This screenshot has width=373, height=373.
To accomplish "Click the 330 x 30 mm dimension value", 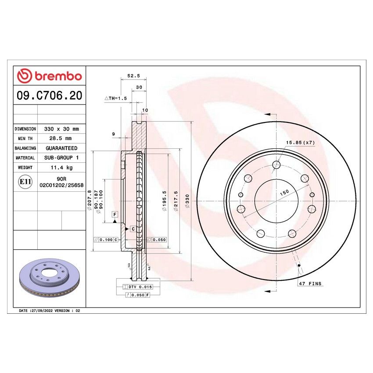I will tap(61, 129).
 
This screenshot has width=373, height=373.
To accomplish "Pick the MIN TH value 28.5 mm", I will tap(61, 139).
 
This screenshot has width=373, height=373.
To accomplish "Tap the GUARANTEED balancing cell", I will tap(61, 148).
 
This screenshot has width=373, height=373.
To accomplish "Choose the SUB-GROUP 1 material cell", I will tap(61, 158).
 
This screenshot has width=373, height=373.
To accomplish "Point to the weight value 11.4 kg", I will tap(61, 167).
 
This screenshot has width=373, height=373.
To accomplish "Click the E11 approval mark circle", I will tap(25, 181).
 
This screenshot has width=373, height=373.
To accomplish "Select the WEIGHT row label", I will tap(25, 167).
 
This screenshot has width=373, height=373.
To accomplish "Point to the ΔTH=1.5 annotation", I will tap(115, 99).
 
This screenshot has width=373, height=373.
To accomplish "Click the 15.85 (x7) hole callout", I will tap(301, 143).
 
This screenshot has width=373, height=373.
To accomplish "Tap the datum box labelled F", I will tap(115, 214).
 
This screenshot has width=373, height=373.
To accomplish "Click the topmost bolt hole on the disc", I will tap(276, 165).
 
